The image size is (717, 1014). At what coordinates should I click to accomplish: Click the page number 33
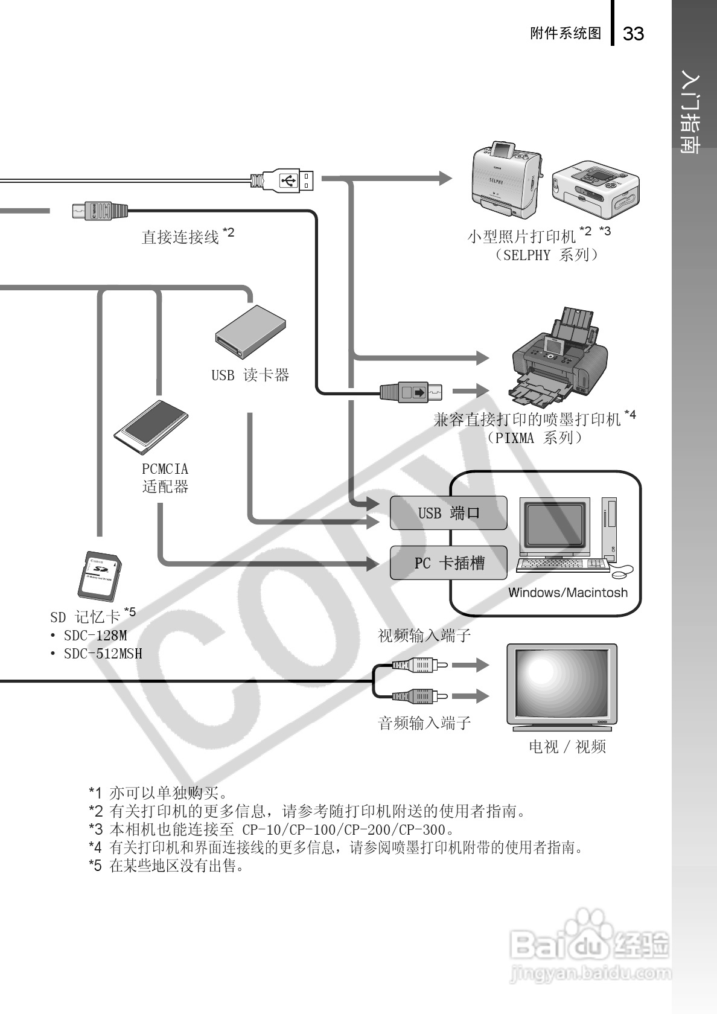point(633,34)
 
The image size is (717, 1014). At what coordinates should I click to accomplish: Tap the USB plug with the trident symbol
point(288,180)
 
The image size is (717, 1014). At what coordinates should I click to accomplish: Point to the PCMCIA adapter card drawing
point(151,427)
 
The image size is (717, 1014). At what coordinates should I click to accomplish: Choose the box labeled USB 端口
point(448,513)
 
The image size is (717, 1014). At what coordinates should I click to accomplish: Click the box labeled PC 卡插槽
point(448,563)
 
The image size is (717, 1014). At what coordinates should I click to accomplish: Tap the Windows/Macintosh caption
point(567,593)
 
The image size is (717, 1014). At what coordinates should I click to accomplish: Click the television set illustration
point(562,687)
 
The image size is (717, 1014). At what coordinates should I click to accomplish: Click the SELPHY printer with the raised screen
point(506,180)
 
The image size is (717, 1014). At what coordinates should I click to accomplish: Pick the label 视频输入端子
point(424,636)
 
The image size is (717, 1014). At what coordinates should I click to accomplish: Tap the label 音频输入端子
point(424,722)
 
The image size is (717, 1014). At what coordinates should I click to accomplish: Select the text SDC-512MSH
point(103,654)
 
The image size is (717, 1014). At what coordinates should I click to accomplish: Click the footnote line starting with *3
point(272,830)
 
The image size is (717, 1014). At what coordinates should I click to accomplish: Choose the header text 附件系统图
point(566,34)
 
